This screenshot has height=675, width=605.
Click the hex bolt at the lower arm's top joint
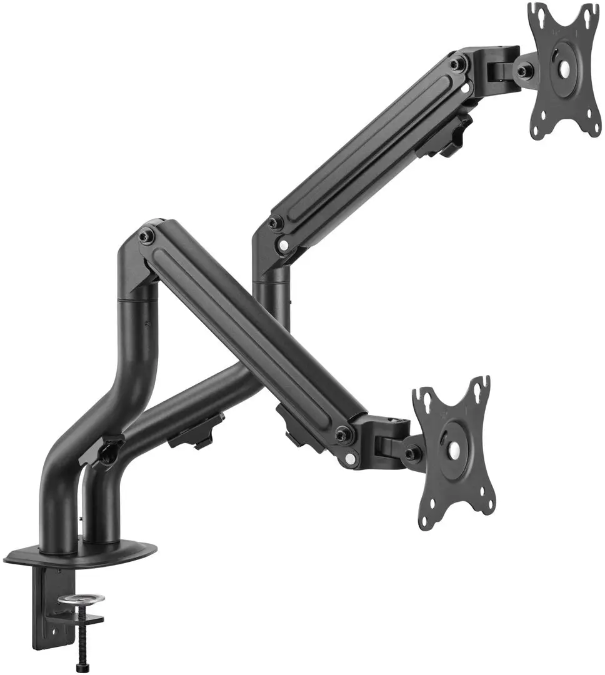pos(147,236)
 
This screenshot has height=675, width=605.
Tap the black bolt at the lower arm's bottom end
pos(342,434)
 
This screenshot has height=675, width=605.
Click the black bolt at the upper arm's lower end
pos(274,222)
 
